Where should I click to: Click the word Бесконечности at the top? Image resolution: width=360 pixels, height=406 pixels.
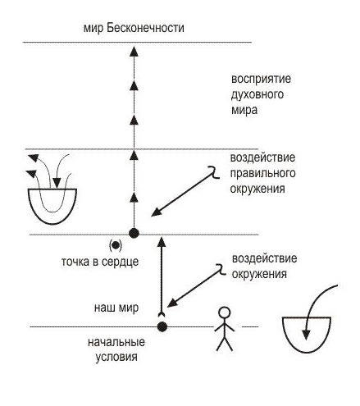145,28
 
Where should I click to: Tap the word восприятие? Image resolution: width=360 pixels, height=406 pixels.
261,79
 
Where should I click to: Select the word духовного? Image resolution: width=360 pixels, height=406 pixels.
257,94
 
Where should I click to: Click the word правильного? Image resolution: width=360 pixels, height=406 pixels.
262,173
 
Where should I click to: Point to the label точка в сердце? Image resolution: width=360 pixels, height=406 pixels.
100,262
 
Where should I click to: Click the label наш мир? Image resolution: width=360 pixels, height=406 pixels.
116,308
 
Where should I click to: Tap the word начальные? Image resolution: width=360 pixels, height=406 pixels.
116,342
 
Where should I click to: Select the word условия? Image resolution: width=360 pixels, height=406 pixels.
116,357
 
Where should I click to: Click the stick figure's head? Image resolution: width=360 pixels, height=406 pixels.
225,312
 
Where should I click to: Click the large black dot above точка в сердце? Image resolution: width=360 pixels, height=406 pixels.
134,233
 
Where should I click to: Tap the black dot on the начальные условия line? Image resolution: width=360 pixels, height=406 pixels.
162,326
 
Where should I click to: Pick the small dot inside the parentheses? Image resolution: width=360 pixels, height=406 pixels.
116,245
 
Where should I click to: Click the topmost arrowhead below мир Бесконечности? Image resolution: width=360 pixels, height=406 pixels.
134,52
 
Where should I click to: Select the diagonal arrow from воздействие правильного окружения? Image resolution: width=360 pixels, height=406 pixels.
186,191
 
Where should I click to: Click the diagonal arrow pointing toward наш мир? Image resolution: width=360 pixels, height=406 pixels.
197,285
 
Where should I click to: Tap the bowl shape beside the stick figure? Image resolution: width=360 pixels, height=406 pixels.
307,335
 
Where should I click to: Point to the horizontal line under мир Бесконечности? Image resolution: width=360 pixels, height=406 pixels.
137,43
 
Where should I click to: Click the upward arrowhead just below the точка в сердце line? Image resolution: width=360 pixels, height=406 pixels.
162,242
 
